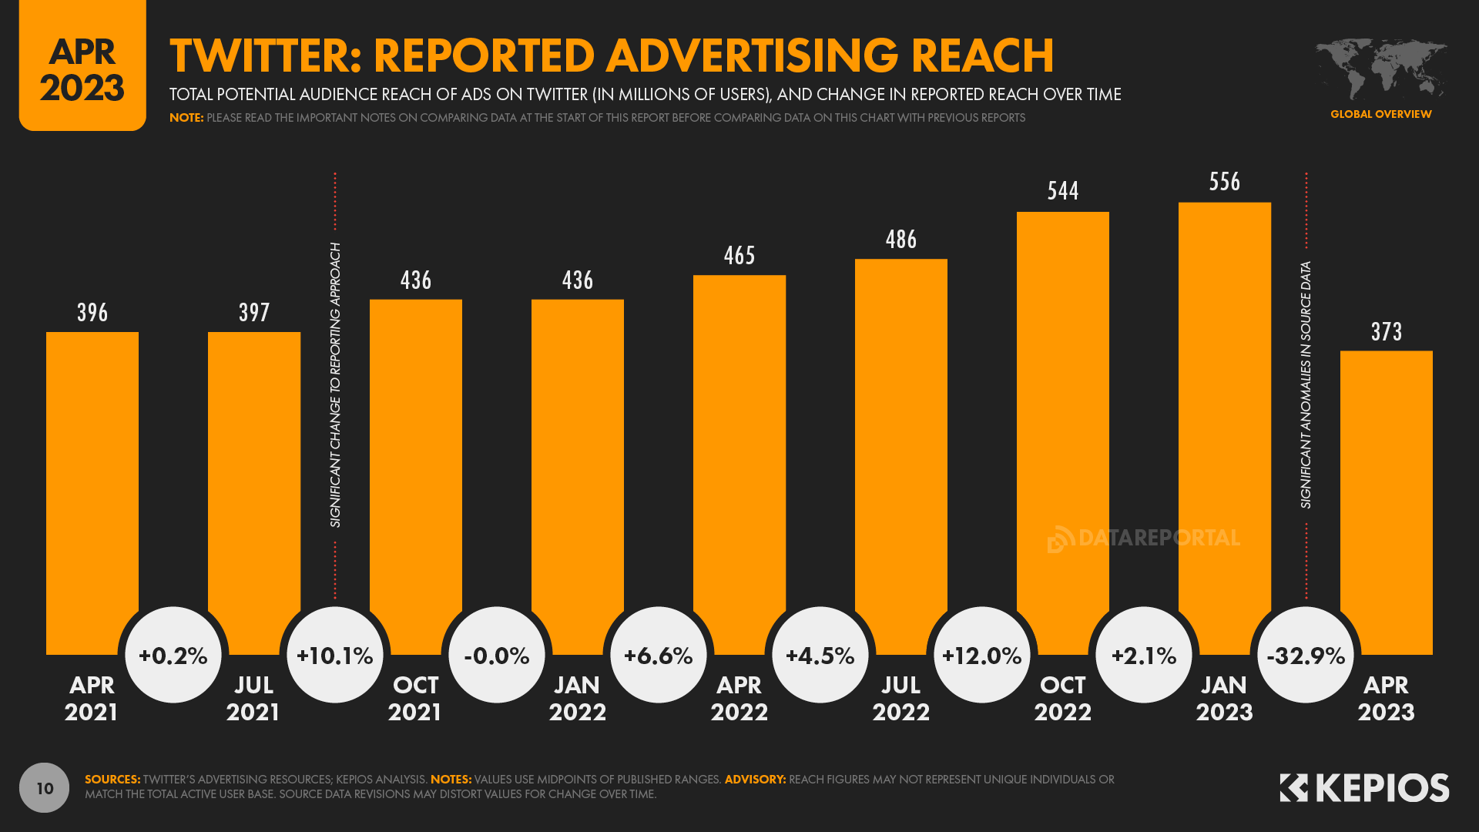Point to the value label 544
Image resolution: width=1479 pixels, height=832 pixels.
(x=1063, y=191)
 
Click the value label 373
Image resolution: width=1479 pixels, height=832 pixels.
(x=1387, y=332)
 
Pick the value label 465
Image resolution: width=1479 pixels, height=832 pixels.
(x=739, y=256)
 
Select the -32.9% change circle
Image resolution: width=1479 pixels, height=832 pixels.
(x=1306, y=656)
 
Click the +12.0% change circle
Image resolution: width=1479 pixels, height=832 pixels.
(x=982, y=656)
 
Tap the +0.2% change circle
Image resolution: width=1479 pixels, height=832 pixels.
(x=173, y=656)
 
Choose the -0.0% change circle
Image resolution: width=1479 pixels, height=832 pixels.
(x=497, y=656)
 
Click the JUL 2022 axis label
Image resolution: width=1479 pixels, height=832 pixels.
(x=901, y=698)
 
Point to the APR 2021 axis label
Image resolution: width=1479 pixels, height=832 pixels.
(x=92, y=698)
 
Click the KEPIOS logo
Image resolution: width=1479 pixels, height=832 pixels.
(x=1364, y=788)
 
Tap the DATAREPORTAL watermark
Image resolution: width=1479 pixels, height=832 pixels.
(x=1144, y=538)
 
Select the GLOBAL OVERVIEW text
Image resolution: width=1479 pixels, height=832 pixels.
(x=1380, y=114)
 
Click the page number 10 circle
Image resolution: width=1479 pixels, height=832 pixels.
(x=45, y=788)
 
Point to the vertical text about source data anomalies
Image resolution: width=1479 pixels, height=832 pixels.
(x=1306, y=385)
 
